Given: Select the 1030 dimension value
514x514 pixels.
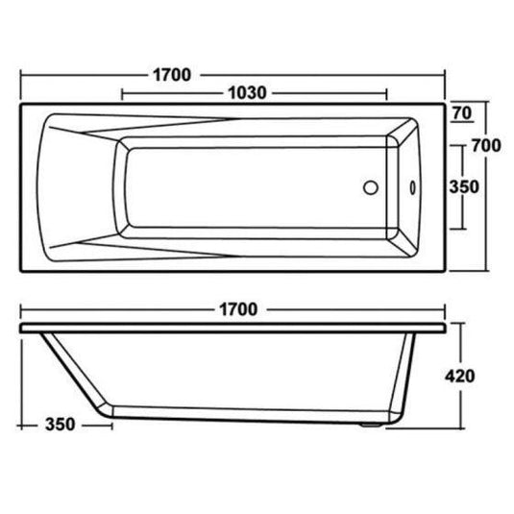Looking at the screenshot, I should coord(247,94).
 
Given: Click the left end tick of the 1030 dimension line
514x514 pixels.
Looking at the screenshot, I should coord(122,94).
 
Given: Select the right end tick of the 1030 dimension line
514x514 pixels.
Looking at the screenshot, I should coord(386,94).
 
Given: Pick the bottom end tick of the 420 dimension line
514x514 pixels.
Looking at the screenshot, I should coord(465,425).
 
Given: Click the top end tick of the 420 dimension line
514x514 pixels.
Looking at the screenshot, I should coord(465,325).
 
